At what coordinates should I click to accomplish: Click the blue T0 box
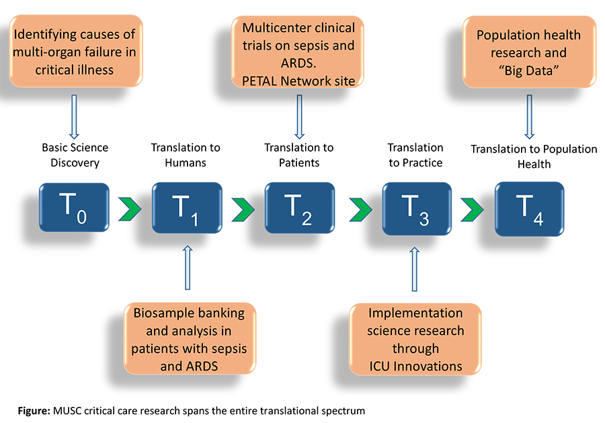74,207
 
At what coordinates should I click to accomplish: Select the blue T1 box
187,207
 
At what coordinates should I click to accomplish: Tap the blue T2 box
299,207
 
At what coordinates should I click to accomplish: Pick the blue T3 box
417,209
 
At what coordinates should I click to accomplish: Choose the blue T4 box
530,209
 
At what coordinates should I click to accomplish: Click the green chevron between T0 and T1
130,209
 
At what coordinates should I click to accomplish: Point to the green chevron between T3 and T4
473,210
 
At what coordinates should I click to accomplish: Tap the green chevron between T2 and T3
361,210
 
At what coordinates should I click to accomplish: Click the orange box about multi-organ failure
76,51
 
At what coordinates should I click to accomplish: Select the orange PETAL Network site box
298,52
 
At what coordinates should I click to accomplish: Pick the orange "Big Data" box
530,52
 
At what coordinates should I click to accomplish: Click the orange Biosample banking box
190,338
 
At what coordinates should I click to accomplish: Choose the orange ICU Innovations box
415,339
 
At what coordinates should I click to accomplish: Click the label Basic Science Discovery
75,155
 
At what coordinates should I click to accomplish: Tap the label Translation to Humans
186,155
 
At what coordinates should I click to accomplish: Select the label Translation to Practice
415,155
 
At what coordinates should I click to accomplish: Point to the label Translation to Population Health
534,156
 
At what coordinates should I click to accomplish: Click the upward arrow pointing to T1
188,267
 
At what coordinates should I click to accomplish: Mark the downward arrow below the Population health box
530,117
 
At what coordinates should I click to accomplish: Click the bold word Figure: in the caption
34,411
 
